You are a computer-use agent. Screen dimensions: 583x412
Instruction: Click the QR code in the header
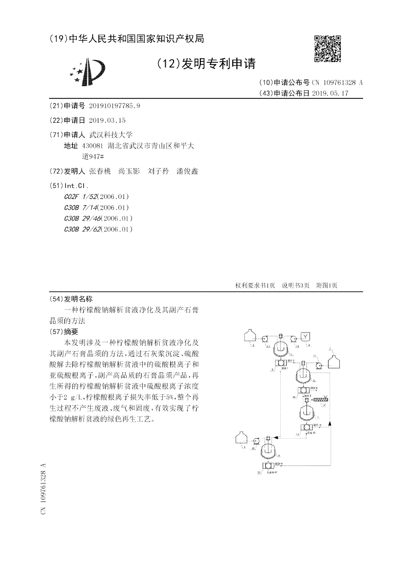click(328, 49)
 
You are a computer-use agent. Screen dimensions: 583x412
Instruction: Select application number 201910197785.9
click(114, 106)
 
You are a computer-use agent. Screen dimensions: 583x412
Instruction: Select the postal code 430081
click(92, 146)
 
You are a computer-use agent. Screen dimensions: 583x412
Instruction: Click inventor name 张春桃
click(99, 171)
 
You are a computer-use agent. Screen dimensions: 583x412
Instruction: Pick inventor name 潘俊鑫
click(187, 171)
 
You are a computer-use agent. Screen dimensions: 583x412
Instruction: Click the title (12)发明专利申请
click(205, 64)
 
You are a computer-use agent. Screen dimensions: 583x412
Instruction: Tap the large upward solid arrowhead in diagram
click(330, 424)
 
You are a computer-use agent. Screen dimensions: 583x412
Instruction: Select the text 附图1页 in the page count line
click(326, 286)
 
